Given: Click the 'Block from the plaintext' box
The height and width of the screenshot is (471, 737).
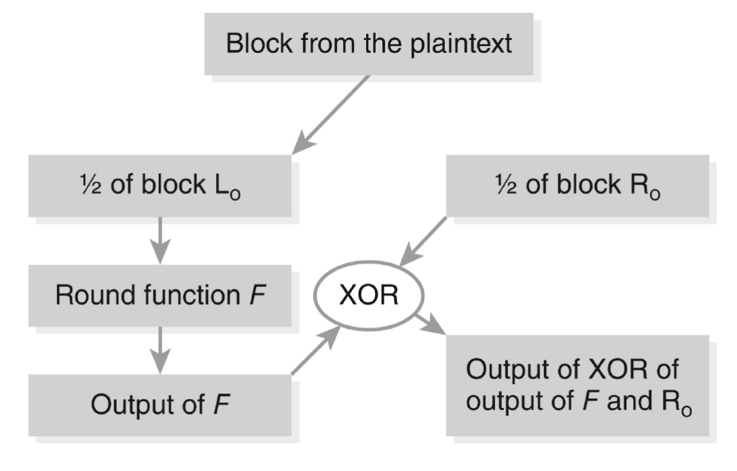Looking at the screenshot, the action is (x=368, y=44).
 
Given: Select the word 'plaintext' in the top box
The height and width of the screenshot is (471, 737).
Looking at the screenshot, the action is (x=461, y=44).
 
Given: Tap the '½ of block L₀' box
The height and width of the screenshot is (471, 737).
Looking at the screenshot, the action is (x=160, y=186).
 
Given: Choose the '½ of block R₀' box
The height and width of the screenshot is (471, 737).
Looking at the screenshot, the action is (x=577, y=186).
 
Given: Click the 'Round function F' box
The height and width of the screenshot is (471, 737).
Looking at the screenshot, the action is (x=160, y=296).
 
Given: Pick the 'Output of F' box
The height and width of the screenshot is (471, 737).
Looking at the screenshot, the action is (x=160, y=405).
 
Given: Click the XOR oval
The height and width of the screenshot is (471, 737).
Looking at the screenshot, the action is (x=369, y=296).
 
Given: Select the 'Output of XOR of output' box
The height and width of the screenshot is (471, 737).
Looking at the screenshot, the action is (x=577, y=385).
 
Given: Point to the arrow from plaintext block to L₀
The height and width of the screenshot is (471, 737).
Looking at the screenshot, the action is (x=331, y=115).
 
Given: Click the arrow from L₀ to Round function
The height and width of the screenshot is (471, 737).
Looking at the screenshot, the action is (x=160, y=241).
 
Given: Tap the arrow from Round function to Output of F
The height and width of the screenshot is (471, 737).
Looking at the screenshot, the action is (x=160, y=350).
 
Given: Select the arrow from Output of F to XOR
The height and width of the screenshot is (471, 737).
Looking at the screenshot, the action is (x=316, y=350).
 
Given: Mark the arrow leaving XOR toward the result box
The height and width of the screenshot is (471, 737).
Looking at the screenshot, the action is (x=430, y=324).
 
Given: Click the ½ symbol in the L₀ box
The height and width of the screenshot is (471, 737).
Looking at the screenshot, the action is (x=90, y=185).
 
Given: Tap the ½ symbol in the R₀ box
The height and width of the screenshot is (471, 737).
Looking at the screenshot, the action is (x=506, y=185).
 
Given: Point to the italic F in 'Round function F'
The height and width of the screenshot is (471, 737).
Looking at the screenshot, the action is (x=257, y=295).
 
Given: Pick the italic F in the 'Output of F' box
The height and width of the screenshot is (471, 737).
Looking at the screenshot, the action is (x=221, y=404).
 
